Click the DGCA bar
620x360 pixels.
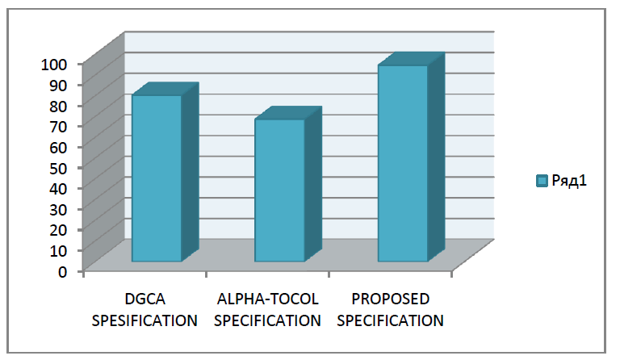[157, 178]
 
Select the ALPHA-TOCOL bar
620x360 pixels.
[279, 190]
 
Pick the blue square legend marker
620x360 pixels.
[542, 181]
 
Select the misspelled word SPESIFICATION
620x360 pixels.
[145, 320]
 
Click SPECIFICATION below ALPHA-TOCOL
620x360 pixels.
[269, 320]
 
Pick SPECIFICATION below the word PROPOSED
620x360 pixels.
[391, 320]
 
